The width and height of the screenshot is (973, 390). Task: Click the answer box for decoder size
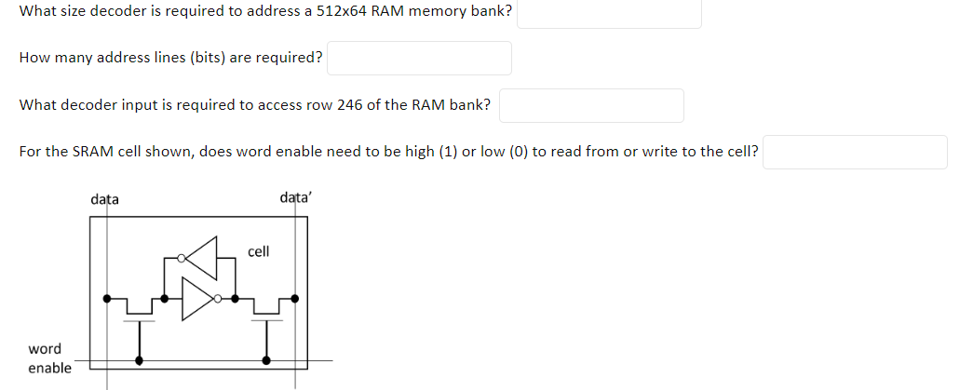[x=609, y=12]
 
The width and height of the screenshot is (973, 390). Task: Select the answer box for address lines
[x=419, y=58]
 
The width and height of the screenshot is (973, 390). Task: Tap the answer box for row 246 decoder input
[x=591, y=105]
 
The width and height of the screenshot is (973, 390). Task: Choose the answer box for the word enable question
[x=855, y=152]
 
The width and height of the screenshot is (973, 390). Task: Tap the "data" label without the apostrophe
[x=104, y=199]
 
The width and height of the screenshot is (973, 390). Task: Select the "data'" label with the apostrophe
[x=296, y=198]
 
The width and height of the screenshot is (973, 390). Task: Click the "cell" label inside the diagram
[x=259, y=251]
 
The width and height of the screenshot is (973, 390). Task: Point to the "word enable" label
[x=47, y=358]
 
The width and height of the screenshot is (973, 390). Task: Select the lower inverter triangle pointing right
[x=197, y=299]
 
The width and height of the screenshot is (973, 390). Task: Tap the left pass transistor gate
[x=140, y=321]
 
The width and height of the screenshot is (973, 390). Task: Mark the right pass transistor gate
[x=266, y=321]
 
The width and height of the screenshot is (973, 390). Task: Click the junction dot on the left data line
[x=106, y=299]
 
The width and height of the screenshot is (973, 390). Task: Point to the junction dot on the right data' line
[x=296, y=299]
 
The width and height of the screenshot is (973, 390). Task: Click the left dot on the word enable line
[x=140, y=359]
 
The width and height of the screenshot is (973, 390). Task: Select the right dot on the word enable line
[x=266, y=359]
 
